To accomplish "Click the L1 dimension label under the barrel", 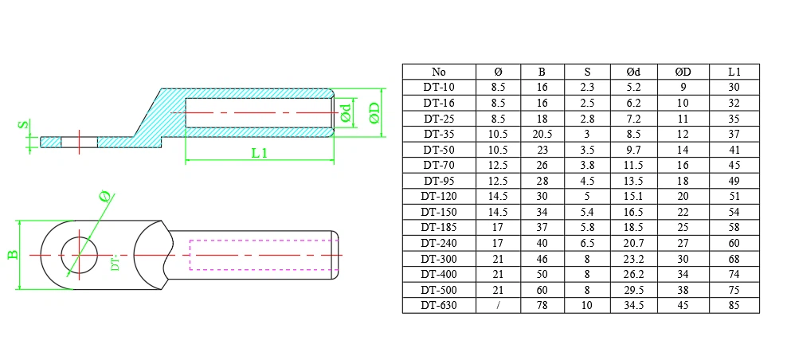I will point(258,152).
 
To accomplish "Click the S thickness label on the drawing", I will point(24,125).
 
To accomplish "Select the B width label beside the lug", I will point(13,255).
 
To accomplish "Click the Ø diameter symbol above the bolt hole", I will point(103,196).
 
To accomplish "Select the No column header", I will point(438,72).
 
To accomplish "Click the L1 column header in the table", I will point(734,72).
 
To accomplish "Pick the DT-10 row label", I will point(438,87).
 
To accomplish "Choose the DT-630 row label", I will point(438,305).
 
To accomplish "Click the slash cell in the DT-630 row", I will point(499,305).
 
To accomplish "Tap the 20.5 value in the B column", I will point(542,134).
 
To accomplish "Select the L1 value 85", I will point(734,305).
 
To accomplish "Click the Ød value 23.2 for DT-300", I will point(633,258).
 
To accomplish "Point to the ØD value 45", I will point(683,305).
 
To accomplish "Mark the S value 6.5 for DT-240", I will point(586,243).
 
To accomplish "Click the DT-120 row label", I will point(438,196).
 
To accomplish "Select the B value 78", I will point(542,305).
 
